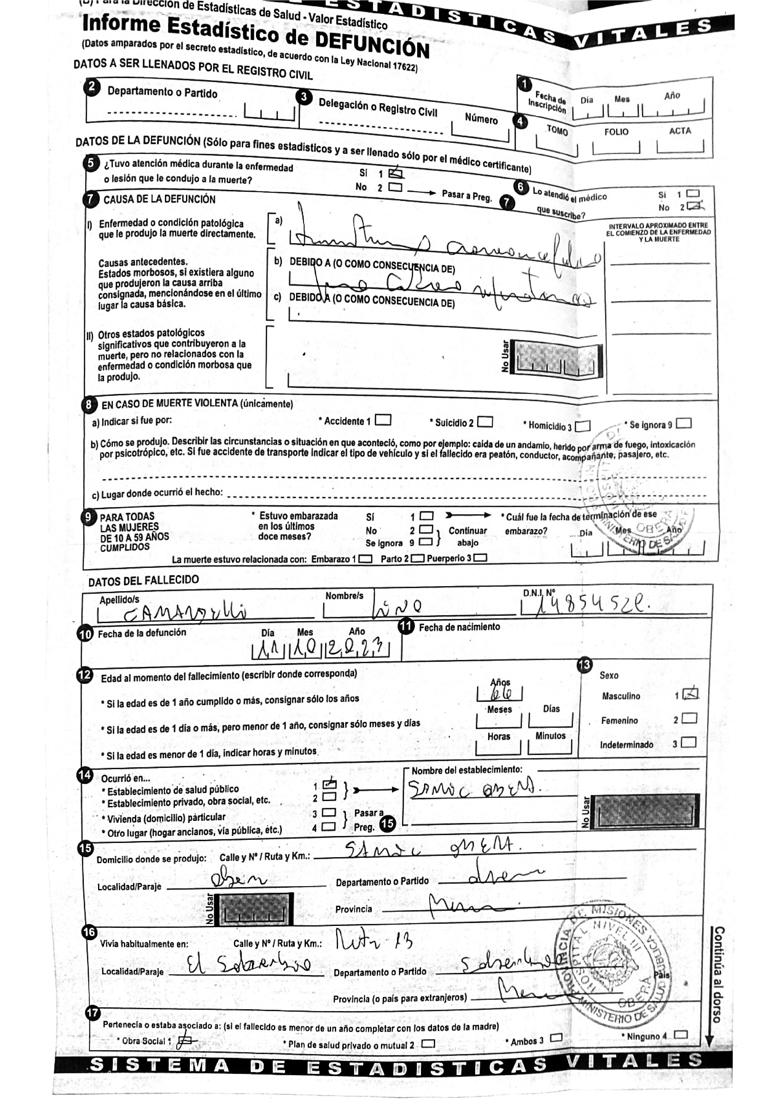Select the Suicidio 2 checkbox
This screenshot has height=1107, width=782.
485,422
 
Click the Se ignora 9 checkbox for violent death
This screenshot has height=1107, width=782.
684,424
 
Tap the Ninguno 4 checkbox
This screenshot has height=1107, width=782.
681,1035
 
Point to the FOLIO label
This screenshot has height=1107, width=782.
616,132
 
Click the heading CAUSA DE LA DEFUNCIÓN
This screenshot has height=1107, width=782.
160,199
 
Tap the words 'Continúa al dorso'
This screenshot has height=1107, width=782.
717,974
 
